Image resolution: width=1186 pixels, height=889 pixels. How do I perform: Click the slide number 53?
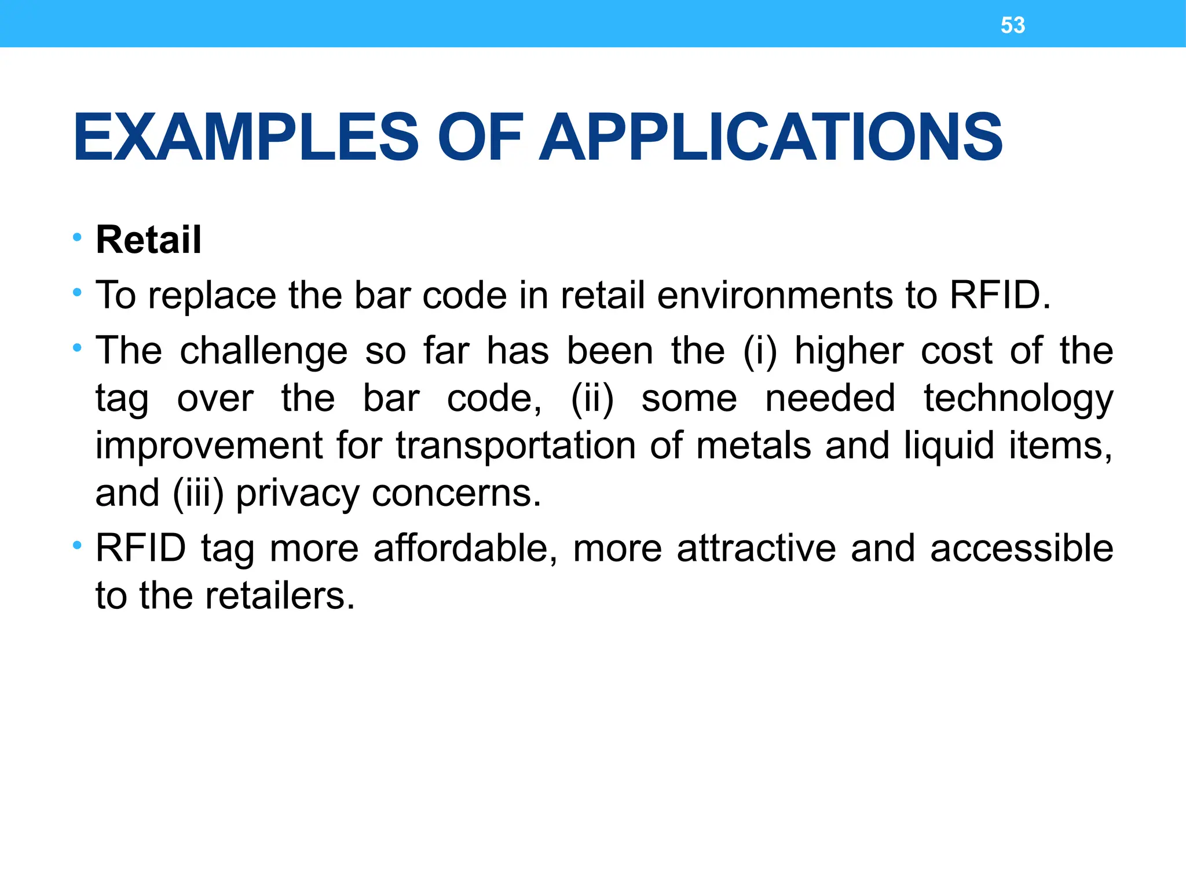click(x=1012, y=25)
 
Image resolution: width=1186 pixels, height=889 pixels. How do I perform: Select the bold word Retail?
click(x=148, y=240)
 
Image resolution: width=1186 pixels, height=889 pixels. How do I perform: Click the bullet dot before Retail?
click(x=77, y=237)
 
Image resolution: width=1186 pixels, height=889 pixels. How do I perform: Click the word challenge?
click(x=263, y=352)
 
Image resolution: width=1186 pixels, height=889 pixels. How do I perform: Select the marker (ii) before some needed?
click(x=592, y=399)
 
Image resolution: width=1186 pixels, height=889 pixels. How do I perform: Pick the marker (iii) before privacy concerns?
click(x=198, y=494)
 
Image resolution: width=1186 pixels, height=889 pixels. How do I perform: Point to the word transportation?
click(x=516, y=447)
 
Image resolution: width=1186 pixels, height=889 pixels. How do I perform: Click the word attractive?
click(x=756, y=549)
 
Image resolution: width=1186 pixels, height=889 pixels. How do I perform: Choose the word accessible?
click(x=1022, y=549)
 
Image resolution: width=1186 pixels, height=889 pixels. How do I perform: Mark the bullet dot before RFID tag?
click(x=77, y=546)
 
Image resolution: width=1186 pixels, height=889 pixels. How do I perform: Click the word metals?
click(x=753, y=447)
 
